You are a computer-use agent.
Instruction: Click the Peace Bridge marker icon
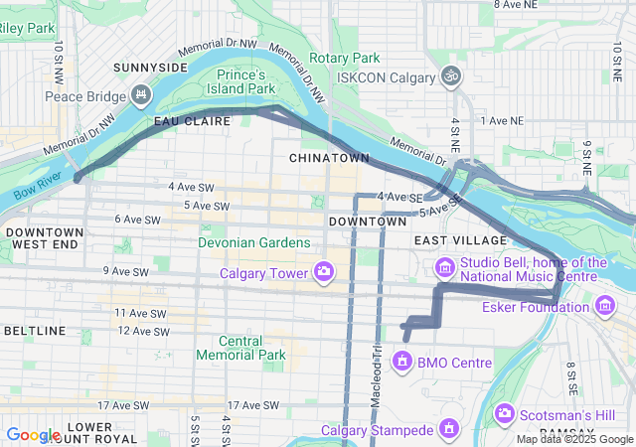coord(141,96)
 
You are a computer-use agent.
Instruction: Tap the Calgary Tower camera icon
coord(324,270)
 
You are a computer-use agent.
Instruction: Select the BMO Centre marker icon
coord(402,362)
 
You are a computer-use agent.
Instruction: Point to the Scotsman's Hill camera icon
coord(504,412)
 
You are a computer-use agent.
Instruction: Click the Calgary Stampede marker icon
coord(449,430)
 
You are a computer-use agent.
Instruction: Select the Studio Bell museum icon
coord(444,267)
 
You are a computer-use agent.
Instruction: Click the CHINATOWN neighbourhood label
coord(329,158)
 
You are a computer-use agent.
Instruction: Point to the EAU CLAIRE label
coord(192,121)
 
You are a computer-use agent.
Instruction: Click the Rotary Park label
coord(345,58)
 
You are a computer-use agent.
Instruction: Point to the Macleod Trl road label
coord(377,363)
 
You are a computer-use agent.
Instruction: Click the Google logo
coord(33,434)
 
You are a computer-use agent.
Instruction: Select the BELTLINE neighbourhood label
coord(34,330)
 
